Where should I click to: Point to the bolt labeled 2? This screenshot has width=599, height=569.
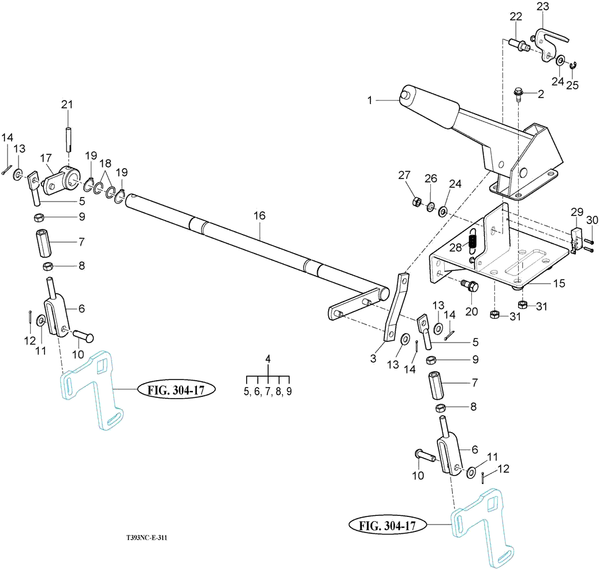pos(518,94)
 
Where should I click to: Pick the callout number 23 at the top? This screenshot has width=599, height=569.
pos(542,7)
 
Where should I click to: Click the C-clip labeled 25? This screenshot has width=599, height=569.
pos(574,67)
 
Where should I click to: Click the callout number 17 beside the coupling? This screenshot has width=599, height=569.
pos(46,157)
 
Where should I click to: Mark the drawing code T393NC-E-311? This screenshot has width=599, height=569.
pos(147,537)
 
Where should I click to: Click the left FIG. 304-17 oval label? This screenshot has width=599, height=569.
pos(176,390)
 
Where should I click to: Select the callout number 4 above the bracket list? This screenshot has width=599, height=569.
pos(268,359)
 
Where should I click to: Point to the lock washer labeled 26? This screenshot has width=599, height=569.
pos(431,206)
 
